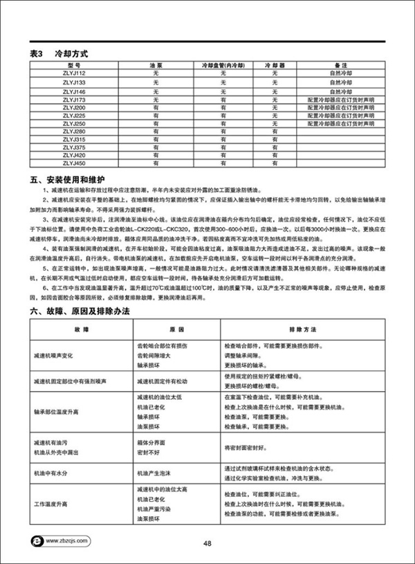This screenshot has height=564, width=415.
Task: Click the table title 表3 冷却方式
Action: pos(59,53)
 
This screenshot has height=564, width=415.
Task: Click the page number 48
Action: pos(207,543)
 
